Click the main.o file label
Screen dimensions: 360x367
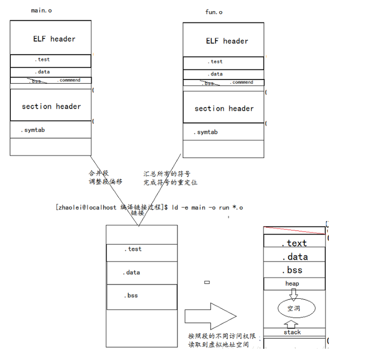pos(42,11)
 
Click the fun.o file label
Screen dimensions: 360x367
pos(214,12)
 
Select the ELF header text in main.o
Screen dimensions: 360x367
pos(54,39)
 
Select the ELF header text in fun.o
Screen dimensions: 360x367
pos(227,41)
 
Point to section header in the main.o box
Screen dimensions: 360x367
pos(51,106)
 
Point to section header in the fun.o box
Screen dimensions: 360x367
pos(224,108)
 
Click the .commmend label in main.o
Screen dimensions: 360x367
pos(69,80)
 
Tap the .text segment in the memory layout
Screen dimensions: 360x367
pos(294,243)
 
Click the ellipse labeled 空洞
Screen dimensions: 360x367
pos(294,307)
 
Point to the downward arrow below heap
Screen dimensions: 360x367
pos(294,294)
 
